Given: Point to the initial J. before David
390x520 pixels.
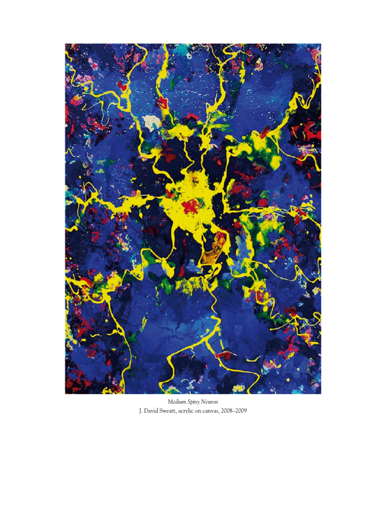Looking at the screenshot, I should point(141,411).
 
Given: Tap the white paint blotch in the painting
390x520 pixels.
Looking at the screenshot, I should point(150,121).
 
